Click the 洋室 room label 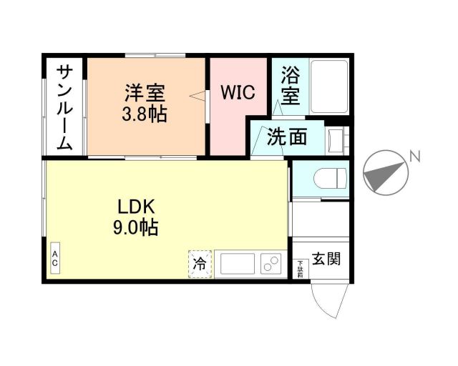145,93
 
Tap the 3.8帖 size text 145,114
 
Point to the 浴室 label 290,85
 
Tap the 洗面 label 286,137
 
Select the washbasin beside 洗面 335,140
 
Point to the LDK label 137,207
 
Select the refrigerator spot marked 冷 201,264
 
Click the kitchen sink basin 235,264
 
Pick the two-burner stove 271,264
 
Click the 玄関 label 326,258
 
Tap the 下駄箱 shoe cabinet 300,268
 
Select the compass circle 385,174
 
